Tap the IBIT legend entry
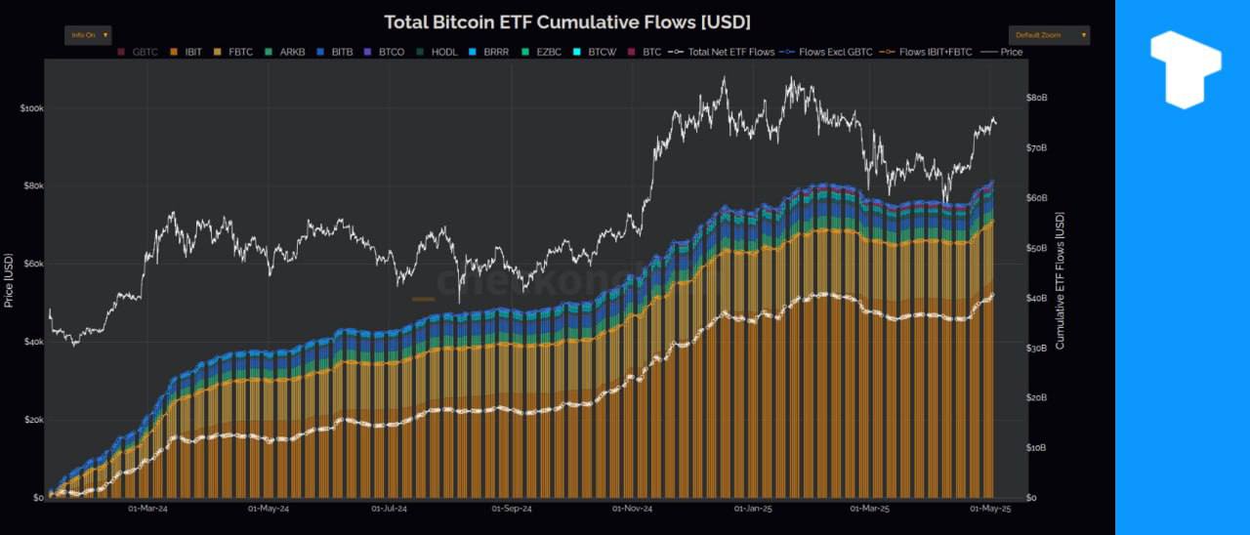189,52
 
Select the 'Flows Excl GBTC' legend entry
831,52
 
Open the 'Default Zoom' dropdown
1049,35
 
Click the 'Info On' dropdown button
89,35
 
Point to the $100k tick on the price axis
31,108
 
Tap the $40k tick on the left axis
33,343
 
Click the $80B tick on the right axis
1036,98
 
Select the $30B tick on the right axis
1036,348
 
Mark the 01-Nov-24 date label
632,509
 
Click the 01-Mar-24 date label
147,509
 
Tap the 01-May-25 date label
990,509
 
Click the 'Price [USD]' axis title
9,280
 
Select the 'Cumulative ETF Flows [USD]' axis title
1060,281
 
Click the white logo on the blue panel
1185,69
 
